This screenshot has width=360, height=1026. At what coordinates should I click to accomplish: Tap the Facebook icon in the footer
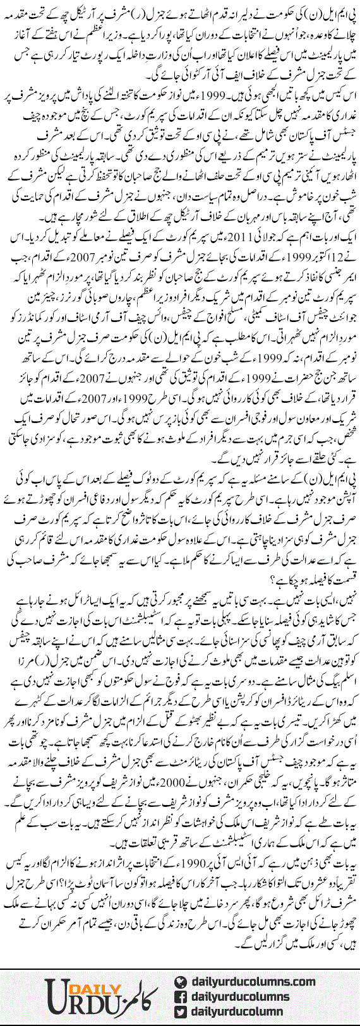[x=181, y=997]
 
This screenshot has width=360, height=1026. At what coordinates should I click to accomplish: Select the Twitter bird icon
[x=181, y=1012]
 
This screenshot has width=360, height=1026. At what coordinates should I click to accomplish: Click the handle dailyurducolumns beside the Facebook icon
[x=241, y=997]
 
